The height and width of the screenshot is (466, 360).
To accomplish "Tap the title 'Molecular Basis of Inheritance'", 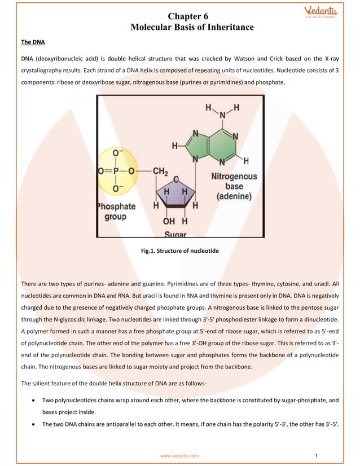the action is tap(192, 27).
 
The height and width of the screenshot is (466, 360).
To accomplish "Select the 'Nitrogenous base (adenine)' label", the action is tap(234, 186).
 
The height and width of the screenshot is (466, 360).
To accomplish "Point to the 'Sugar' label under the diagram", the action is tap(176, 233).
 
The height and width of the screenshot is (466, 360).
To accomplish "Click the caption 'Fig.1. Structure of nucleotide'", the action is tap(179, 250).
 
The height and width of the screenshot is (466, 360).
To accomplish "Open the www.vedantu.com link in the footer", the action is tap(179, 455).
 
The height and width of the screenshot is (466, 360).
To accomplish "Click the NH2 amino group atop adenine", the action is tap(221, 110).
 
